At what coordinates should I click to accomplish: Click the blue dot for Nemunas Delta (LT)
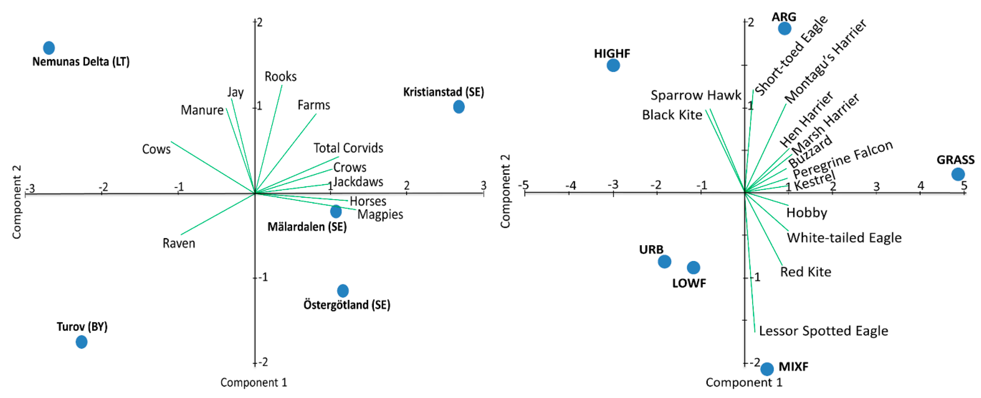[x=49, y=48]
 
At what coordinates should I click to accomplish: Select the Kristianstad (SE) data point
[x=459, y=107]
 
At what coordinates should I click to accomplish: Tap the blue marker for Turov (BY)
[x=81, y=342]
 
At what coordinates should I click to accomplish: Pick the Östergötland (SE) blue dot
[x=343, y=291]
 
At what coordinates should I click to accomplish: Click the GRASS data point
[x=958, y=174]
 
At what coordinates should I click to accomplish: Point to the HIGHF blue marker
[x=613, y=65]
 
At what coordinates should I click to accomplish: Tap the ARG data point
[x=785, y=28]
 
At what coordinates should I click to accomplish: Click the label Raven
[x=179, y=243]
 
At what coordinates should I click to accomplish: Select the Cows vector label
[x=156, y=149]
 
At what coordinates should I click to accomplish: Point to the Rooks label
[x=280, y=77]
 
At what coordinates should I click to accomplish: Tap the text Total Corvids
[x=348, y=148]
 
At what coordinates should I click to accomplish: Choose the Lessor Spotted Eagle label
[x=823, y=331]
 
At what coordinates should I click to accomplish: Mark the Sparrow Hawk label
[x=696, y=95]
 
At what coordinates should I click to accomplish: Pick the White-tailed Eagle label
[x=844, y=238]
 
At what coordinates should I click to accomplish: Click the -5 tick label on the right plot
[x=524, y=185]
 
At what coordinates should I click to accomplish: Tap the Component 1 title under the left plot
[x=254, y=382]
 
